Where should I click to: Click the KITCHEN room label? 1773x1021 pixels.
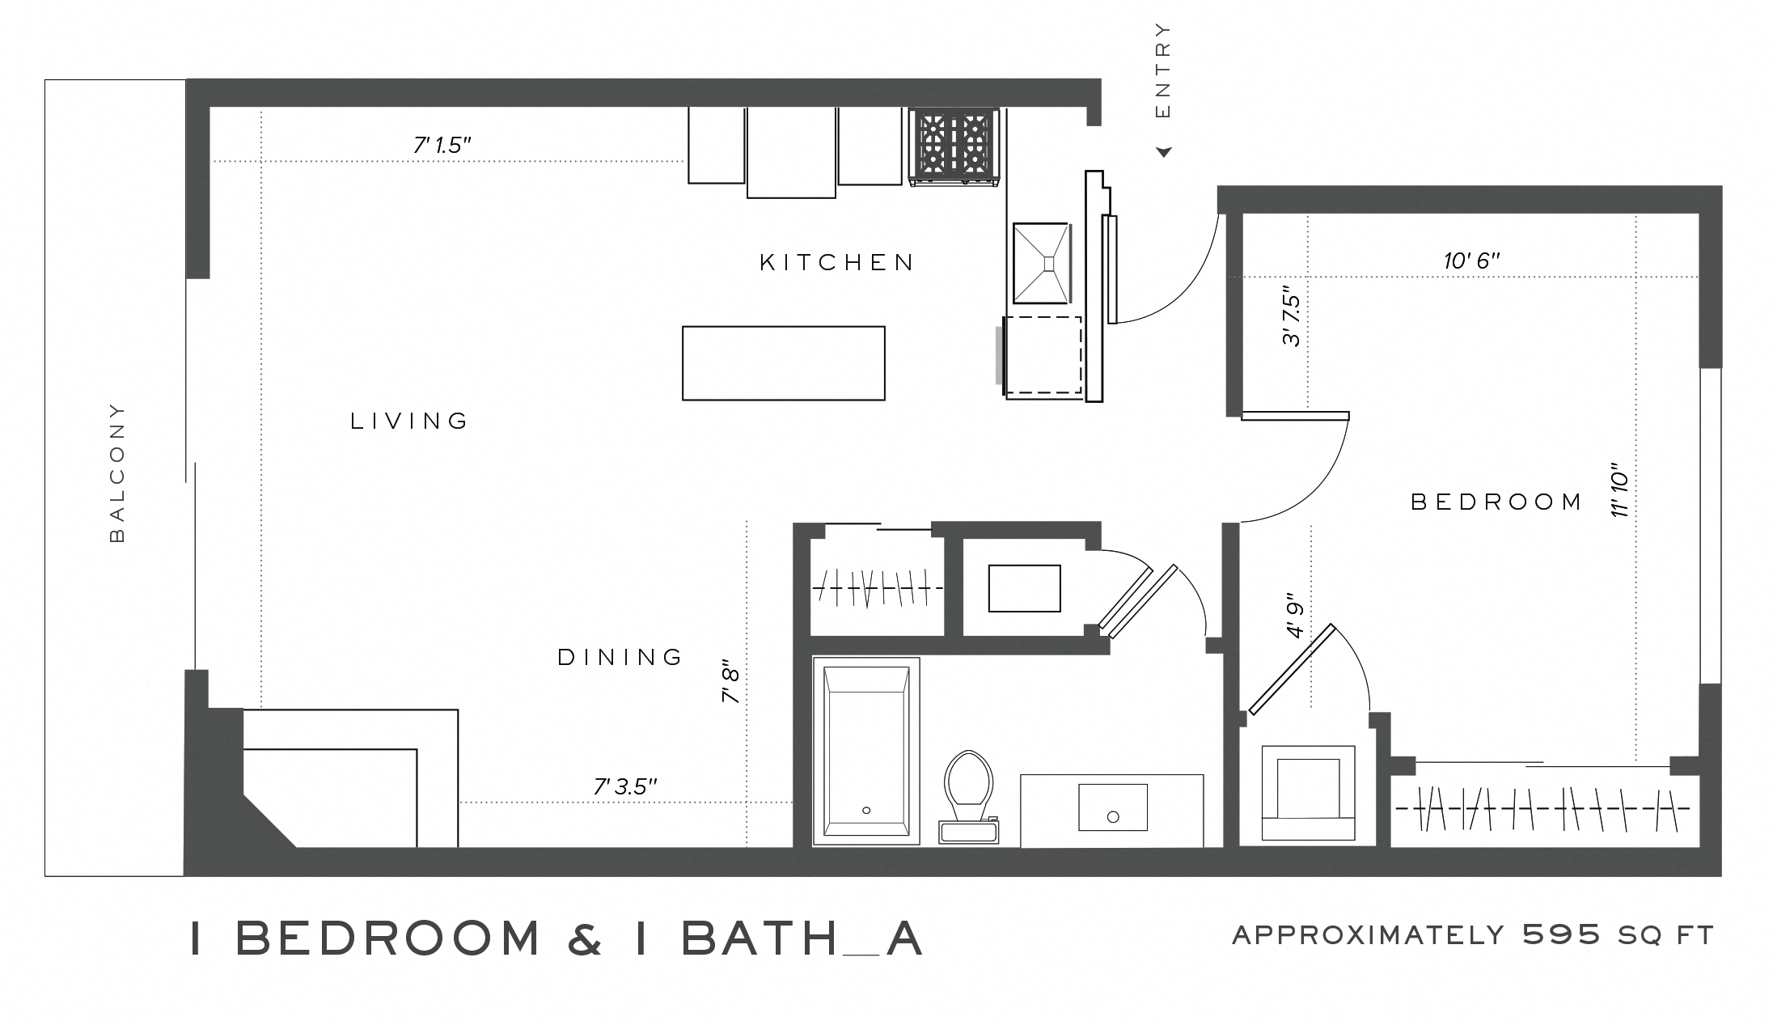pos(836,262)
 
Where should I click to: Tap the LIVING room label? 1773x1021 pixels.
pos(409,421)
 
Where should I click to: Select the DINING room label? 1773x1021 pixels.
pos(620,657)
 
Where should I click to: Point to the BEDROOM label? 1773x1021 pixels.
pos(1496,502)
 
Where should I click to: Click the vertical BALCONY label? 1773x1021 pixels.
pos(117,472)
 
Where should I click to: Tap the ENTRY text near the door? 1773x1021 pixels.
pos(1163,70)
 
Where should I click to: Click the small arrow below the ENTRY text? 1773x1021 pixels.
pos(1164,152)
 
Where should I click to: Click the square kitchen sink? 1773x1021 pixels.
pos(1041,262)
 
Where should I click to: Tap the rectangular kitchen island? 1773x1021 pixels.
pos(783,363)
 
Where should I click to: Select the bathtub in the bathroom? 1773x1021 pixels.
pos(865,751)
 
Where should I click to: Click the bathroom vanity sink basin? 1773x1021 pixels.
pos(1112,807)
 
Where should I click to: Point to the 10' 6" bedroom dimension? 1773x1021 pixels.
pos(1471,261)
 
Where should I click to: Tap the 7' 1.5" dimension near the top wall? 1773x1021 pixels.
pos(442,146)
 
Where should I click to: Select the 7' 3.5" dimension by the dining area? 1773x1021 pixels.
pos(624,786)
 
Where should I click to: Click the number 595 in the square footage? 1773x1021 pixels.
pos(1561,935)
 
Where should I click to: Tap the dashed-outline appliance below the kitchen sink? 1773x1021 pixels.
pos(1043,355)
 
